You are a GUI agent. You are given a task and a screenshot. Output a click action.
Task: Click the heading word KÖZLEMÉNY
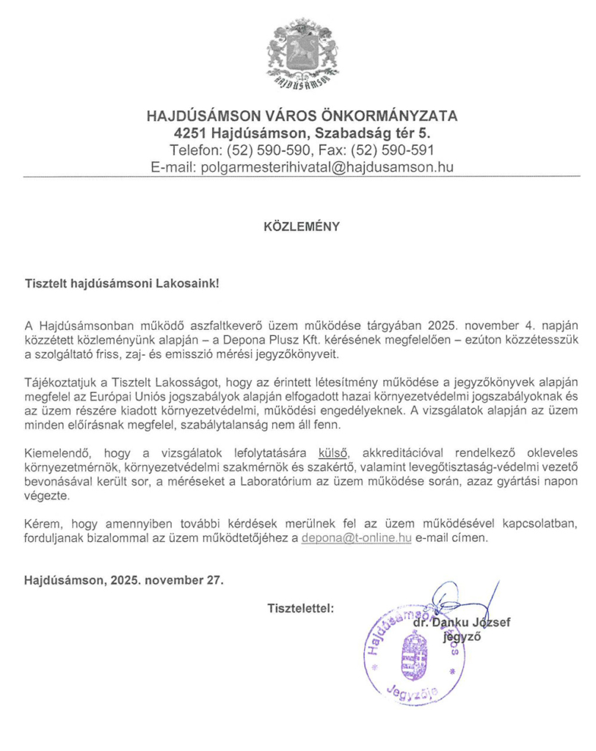coord(301,227)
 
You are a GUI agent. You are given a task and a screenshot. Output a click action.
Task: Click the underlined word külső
coord(332,450)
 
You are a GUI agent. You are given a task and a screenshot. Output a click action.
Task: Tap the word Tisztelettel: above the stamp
coord(301,607)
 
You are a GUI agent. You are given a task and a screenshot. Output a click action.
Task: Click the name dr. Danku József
coord(460,623)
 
